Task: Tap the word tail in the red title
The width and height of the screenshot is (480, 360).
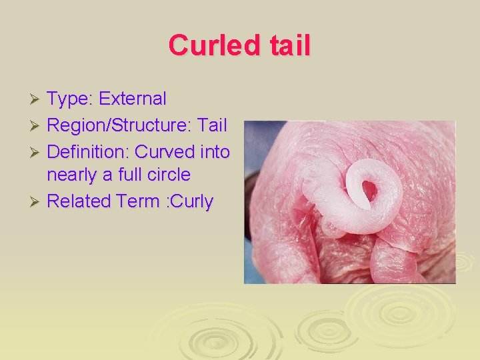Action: (288, 46)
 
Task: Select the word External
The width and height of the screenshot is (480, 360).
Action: (133, 99)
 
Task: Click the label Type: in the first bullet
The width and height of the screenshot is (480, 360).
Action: (70, 99)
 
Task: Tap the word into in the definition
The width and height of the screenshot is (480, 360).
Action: (215, 151)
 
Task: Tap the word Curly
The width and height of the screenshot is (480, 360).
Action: (191, 202)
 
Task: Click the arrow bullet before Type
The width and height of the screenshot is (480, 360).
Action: (37, 100)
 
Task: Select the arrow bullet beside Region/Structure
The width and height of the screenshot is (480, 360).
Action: (37, 125)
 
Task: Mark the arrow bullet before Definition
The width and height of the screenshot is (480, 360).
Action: (37, 152)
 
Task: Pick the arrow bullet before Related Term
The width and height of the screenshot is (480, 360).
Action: (37, 202)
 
